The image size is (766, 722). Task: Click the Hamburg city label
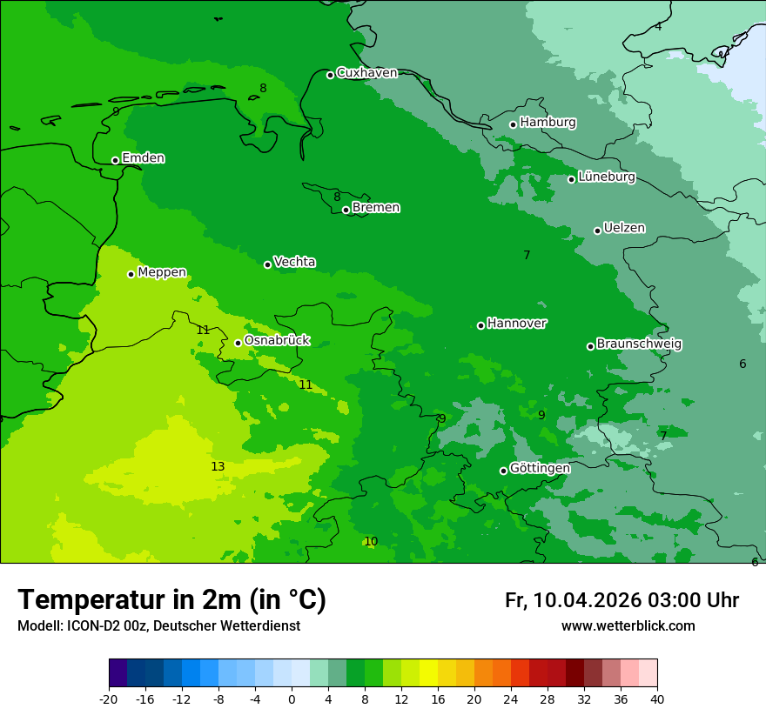548,123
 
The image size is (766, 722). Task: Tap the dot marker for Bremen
346,210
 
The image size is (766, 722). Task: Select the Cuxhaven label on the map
366,73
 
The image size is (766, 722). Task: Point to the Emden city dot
115,160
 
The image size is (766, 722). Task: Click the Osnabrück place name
277,341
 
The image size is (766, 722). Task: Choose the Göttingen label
540,468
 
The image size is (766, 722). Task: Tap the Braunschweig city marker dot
590,346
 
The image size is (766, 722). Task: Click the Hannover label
516,324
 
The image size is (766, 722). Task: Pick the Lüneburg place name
606,177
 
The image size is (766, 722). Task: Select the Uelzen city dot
597,231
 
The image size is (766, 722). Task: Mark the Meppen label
162,272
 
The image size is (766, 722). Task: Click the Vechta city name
294,262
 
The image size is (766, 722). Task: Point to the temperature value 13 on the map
218,467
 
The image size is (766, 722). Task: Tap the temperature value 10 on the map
371,542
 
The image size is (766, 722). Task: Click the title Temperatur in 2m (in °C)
171,600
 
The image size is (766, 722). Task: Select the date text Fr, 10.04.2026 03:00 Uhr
622,600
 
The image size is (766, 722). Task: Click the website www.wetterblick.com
628,626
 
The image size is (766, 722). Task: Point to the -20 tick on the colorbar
109,699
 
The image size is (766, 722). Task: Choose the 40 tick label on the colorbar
657,699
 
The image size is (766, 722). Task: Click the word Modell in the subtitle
38,626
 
